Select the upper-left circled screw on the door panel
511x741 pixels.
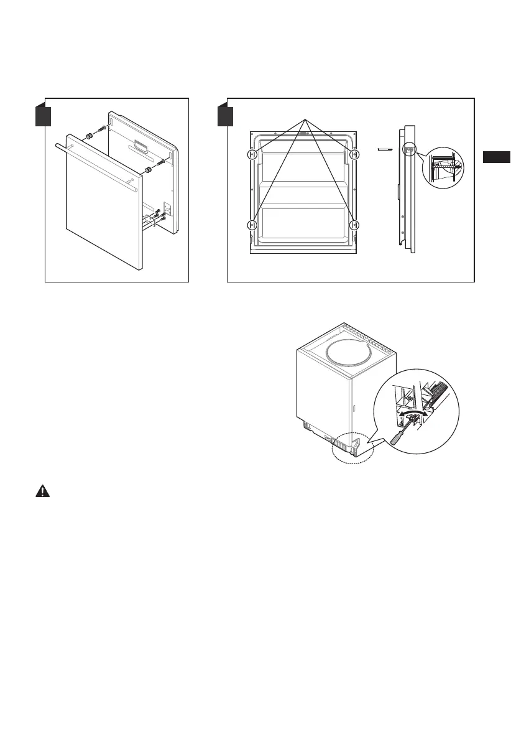pos(252,155)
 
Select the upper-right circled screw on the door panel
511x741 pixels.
pos(354,155)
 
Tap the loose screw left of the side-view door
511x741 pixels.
pos(385,149)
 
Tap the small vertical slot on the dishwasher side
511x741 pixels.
pos(353,410)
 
